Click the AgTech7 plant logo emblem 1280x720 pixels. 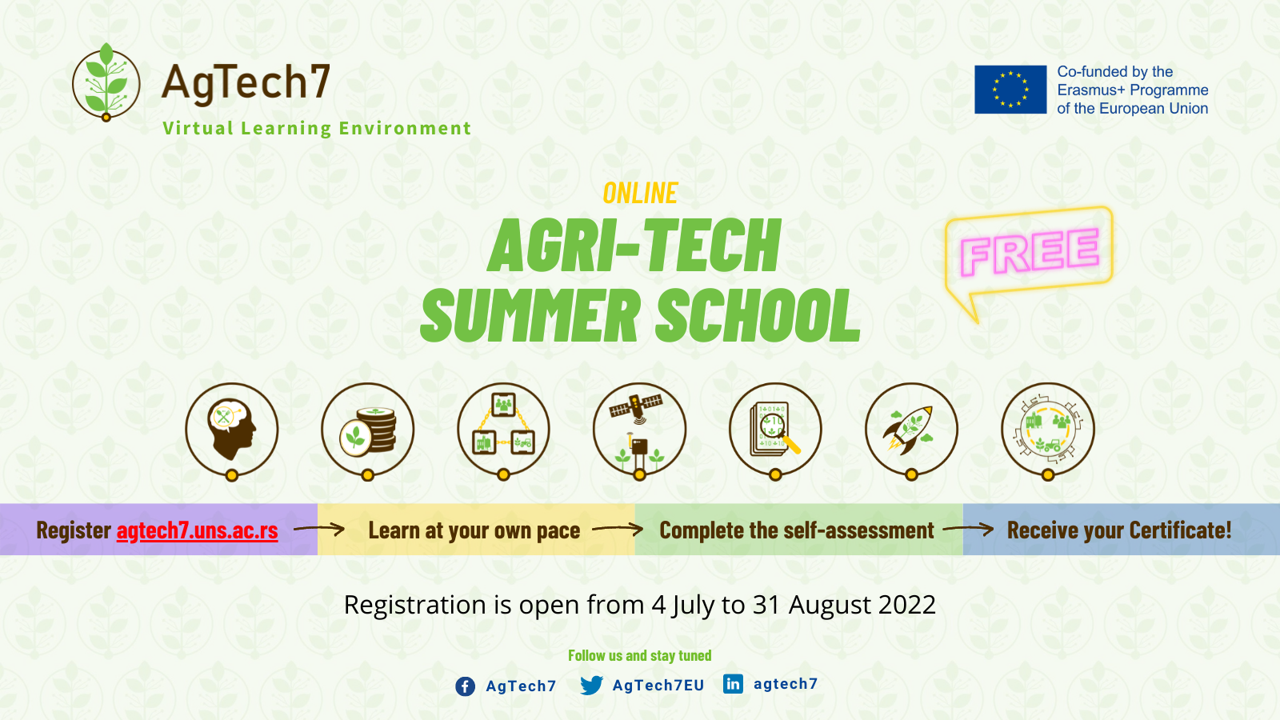(x=106, y=82)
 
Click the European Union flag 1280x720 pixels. (x=1010, y=90)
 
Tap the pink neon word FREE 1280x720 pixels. (x=1030, y=251)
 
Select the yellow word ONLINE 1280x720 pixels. (x=640, y=193)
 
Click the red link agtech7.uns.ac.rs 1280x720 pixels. (x=197, y=530)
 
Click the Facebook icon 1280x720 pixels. (x=465, y=686)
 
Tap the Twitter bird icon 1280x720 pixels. (x=591, y=685)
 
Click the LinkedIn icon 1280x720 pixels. (x=733, y=683)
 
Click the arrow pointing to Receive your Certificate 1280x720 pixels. (x=968, y=530)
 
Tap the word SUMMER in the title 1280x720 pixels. (x=530, y=315)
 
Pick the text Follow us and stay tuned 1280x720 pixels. (x=640, y=655)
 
